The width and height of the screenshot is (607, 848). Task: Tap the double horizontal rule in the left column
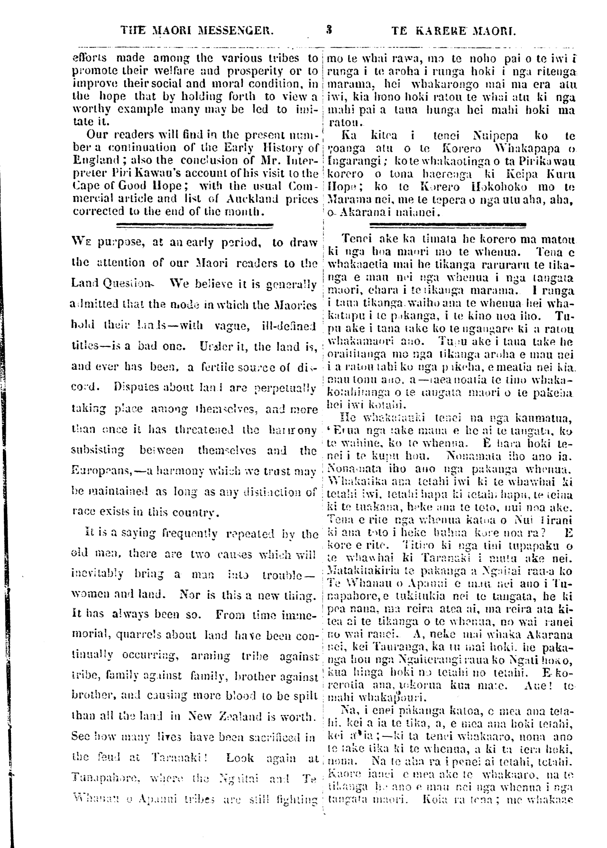[194, 225]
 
